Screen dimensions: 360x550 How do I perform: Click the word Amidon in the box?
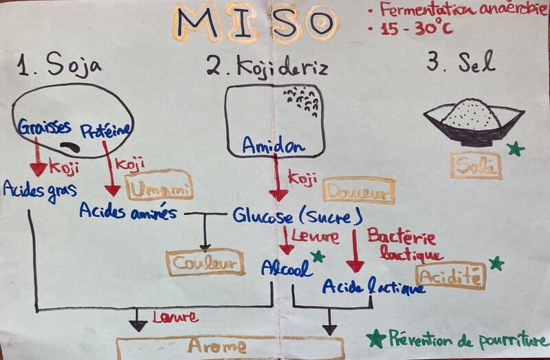click(273, 145)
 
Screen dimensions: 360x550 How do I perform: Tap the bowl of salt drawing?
click(472, 121)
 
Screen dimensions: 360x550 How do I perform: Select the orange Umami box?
click(159, 185)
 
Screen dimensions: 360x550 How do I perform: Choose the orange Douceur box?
click(358, 192)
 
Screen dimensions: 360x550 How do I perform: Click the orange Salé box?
click(476, 166)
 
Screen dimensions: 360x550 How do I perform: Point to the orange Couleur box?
click(205, 262)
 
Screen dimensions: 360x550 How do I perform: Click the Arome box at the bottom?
click(230, 347)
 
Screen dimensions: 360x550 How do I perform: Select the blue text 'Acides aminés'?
click(128, 211)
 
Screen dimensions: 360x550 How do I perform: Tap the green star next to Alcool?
click(318, 257)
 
